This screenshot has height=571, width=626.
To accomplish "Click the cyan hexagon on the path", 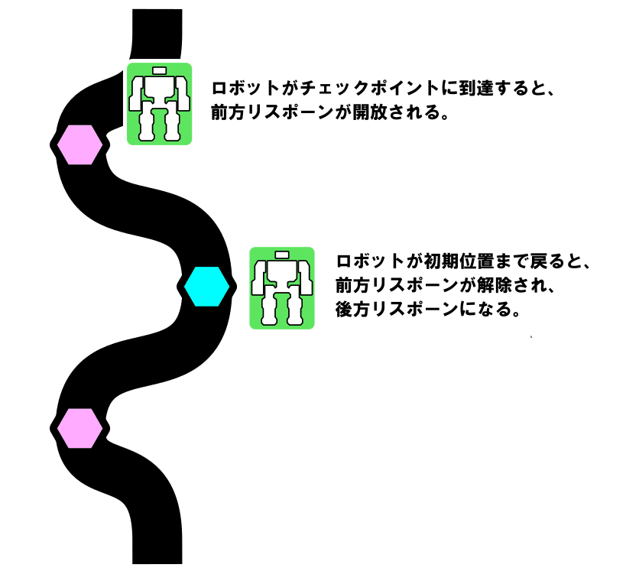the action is pyautogui.click(x=206, y=287).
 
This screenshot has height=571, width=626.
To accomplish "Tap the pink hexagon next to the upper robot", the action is pyautogui.click(x=79, y=144).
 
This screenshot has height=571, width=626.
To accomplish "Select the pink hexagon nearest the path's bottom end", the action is pyautogui.click(x=79, y=428).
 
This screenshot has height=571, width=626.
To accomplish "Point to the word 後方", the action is pyautogui.click(x=352, y=310).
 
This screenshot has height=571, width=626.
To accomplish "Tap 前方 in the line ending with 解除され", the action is pyautogui.click(x=352, y=285).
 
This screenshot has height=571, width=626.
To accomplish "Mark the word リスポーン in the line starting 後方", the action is pyautogui.click(x=413, y=310).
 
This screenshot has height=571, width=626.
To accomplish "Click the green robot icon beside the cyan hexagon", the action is pyautogui.click(x=282, y=288).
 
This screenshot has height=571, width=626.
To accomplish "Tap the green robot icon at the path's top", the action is pyautogui.click(x=159, y=104).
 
